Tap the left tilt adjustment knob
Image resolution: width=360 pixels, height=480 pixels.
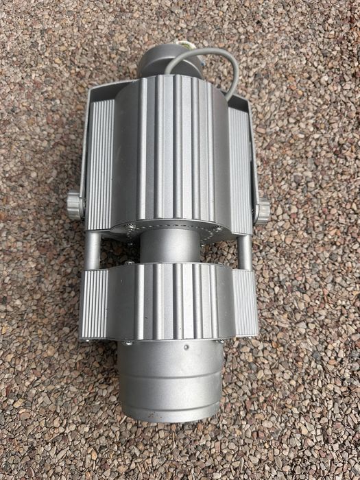pos(74,205)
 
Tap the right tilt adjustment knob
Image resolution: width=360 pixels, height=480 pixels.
pos(261,207)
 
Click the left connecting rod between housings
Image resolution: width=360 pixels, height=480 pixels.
pos(91,250)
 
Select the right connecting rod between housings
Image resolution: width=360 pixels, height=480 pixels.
pos(243,251)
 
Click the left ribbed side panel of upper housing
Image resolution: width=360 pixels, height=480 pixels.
pos(99,165)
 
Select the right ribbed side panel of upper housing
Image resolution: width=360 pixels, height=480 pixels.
pos(239,168)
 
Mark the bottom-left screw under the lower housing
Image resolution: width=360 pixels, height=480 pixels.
pos(128,341)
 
